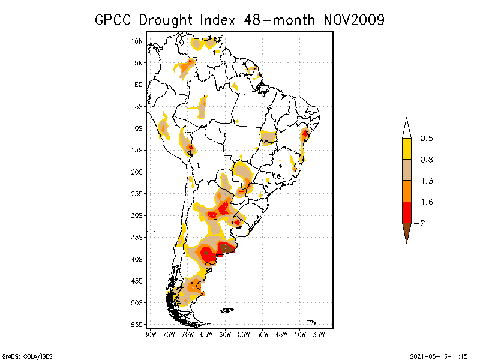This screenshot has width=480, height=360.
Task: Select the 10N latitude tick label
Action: pos(137,41)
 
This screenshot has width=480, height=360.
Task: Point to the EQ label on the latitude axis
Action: pos(139,85)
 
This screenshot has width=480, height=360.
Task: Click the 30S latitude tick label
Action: pos(137,215)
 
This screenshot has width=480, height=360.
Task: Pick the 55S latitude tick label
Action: pos(137,325)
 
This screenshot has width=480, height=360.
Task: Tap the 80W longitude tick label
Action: pos(150,334)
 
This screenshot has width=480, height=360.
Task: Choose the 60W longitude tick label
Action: pos(225,334)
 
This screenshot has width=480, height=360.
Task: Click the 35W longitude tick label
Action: pos(319,334)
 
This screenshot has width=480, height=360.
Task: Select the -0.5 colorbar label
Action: pos(426,139)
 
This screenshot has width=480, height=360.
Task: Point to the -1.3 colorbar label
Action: pos(426,181)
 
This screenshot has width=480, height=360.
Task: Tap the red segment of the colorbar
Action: pos(406,212)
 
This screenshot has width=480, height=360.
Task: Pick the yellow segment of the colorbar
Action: pos(406,149)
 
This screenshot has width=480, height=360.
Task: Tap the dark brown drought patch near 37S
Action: pos(227,247)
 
